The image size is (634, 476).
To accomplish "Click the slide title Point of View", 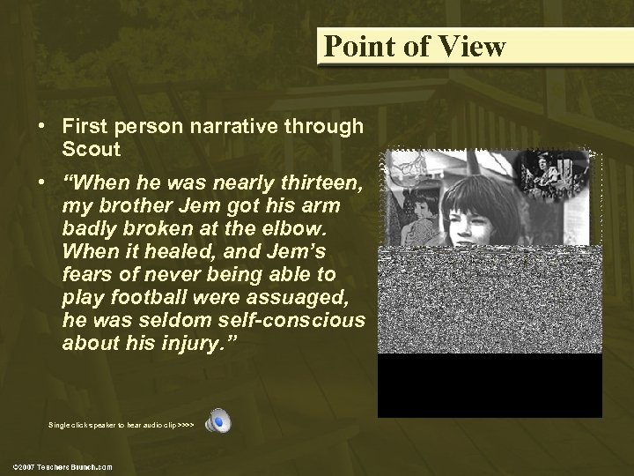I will click(414, 46).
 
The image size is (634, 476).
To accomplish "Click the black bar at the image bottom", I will click(490, 385).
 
